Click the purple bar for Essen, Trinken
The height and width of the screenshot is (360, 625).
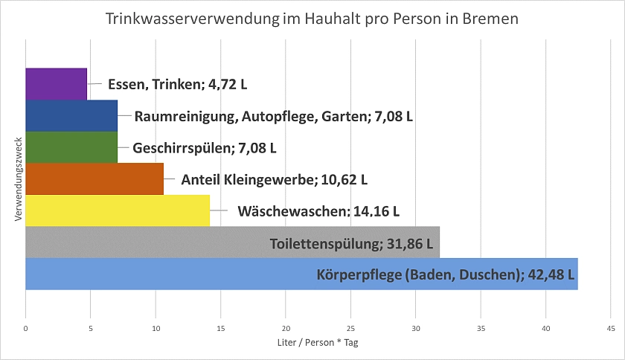click(x=56, y=83)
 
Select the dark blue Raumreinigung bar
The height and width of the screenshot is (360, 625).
click(x=71, y=115)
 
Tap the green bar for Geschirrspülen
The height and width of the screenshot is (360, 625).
click(x=71, y=147)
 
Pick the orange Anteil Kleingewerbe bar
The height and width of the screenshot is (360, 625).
click(x=94, y=179)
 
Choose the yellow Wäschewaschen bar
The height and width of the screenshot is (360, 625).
click(x=118, y=210)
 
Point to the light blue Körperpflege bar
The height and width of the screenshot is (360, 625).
click(x=164, y=274)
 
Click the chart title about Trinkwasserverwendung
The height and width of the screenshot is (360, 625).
click(x=312, y=19)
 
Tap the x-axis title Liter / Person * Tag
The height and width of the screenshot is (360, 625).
click(x=318, y=342)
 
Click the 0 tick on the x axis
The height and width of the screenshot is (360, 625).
click(x=25, y=327)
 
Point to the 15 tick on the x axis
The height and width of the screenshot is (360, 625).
click(x=220, y=327)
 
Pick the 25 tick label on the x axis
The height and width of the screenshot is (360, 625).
click(x=350, y=327)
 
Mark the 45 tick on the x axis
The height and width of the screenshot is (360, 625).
click(x=610, y=327)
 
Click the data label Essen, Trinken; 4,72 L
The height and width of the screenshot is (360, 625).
click(x=177, y=84)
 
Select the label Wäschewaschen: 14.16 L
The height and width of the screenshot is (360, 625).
click(x=318, y=211)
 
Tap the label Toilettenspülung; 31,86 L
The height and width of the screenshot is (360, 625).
click(x=354, y=242)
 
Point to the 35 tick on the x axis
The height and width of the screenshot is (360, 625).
click(x=481, y=327)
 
